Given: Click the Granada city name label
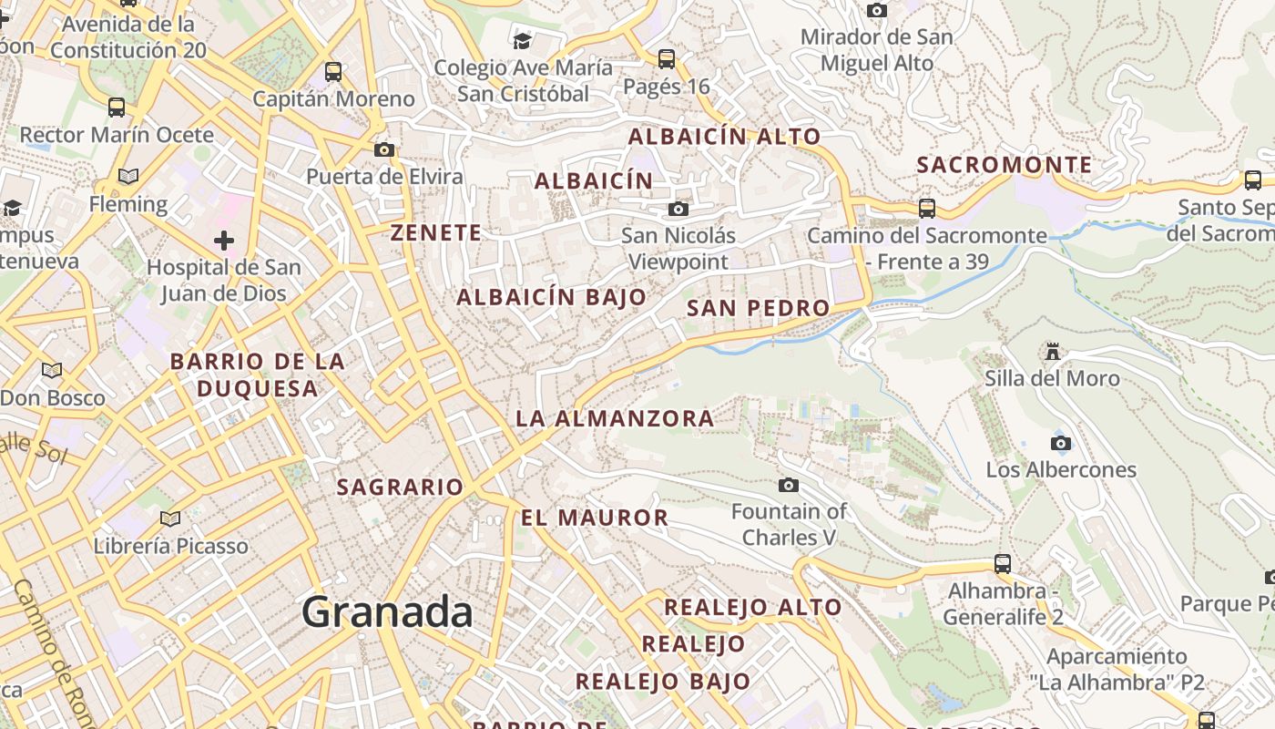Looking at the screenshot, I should tap(387, 611).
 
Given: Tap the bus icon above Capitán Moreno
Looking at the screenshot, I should tap(333, 71).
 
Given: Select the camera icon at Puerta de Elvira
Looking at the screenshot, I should tap(384, 149).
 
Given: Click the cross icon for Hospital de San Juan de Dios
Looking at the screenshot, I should tap(224, 241).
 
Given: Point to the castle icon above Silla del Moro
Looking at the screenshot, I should tap(1053, 351).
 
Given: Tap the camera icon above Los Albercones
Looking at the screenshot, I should tap(1060, 443).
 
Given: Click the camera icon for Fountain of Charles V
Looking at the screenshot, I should tap(789, 485).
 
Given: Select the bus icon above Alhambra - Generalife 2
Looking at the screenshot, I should tap(1003, 563).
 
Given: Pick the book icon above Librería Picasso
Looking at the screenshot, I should tap(170, 519).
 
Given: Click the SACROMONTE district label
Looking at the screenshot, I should tap(1004, 165).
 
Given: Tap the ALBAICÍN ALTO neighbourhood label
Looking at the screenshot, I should tap(725, 137).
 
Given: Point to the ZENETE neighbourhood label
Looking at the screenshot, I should tap(436, 232).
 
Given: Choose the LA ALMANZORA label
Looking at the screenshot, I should tap(615, 418).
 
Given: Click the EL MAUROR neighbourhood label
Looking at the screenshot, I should tap(595, 518).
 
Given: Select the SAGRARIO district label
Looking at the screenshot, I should tap(400, 487).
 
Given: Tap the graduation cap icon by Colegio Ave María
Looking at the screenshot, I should tap(522, 40).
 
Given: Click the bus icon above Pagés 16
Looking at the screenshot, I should tap(667, 59).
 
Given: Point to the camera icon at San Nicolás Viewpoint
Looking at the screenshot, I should tap(678, 209).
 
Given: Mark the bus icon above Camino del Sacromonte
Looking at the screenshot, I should tap(927, 208).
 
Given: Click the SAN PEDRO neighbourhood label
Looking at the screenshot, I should tap(758, 308).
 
